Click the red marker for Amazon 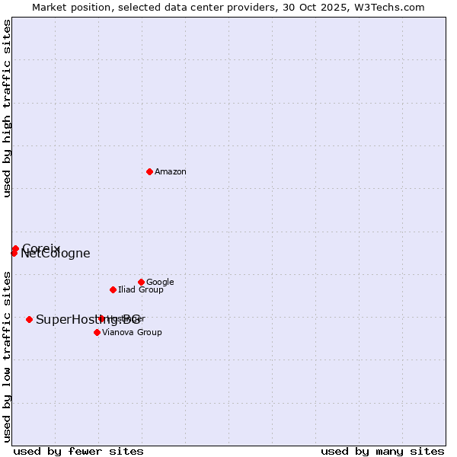click(x=149, y=171)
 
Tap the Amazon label click(x=171, y=172)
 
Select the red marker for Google click(x=141, y=282)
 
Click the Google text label click(x=160, y=283)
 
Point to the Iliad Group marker click(x=113, y=289)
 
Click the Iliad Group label click(x=141, y=290)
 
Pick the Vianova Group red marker click(x=97, y=332)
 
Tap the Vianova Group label click(x=132, y=333)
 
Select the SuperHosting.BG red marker click(x=29, y=319)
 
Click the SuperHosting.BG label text click(x=88, y=320)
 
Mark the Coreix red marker click(x=15, y=248)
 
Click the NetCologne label click(x=56, y=254)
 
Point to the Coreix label click(x=41, y=248)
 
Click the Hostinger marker click(x=101, y=318)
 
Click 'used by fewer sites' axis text click(x=78, y=451)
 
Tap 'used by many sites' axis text click(x=382, y=451)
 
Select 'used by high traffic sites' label click(x=8, y=108)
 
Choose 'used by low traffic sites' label click(x=8, y=356)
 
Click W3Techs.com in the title click(x=393, y=7)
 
